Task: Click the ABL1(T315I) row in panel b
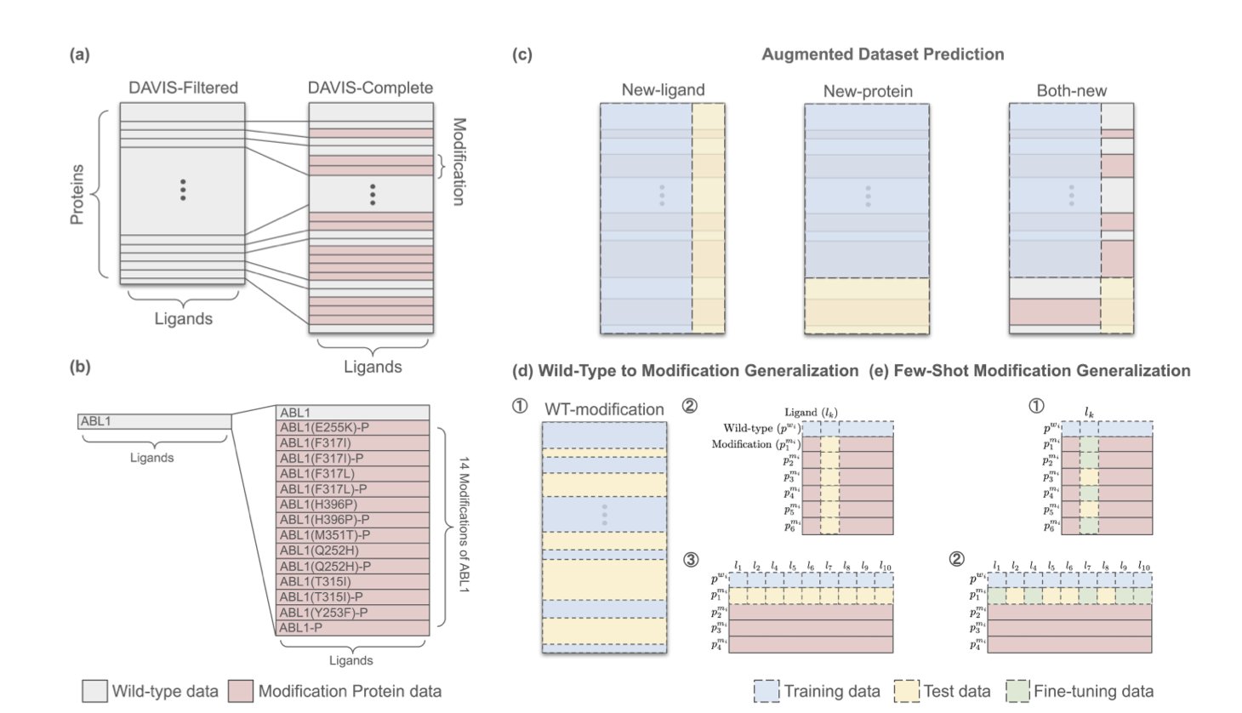(352, 582)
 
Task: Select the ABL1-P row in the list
(352, 628)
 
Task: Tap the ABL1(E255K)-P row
(352, 428)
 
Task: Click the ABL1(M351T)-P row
(352, 535)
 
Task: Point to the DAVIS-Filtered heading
(183, 88)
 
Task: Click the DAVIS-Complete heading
(370, 88)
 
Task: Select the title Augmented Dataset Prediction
(882, 54)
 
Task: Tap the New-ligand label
(663, 90)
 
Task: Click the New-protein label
(868, 91)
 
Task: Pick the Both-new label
(1071, 90)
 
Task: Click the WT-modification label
(604, 409)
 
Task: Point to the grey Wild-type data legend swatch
(94, 691)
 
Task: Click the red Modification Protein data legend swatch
(241, 691)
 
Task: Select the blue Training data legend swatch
(766, 691)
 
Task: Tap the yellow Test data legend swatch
(907, 691)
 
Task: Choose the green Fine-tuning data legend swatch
(1017, 691)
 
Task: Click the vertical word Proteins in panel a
(77, 194)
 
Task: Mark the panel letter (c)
(521, 54)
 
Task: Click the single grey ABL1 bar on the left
(154, 421)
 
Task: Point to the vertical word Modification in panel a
(459, 162)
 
